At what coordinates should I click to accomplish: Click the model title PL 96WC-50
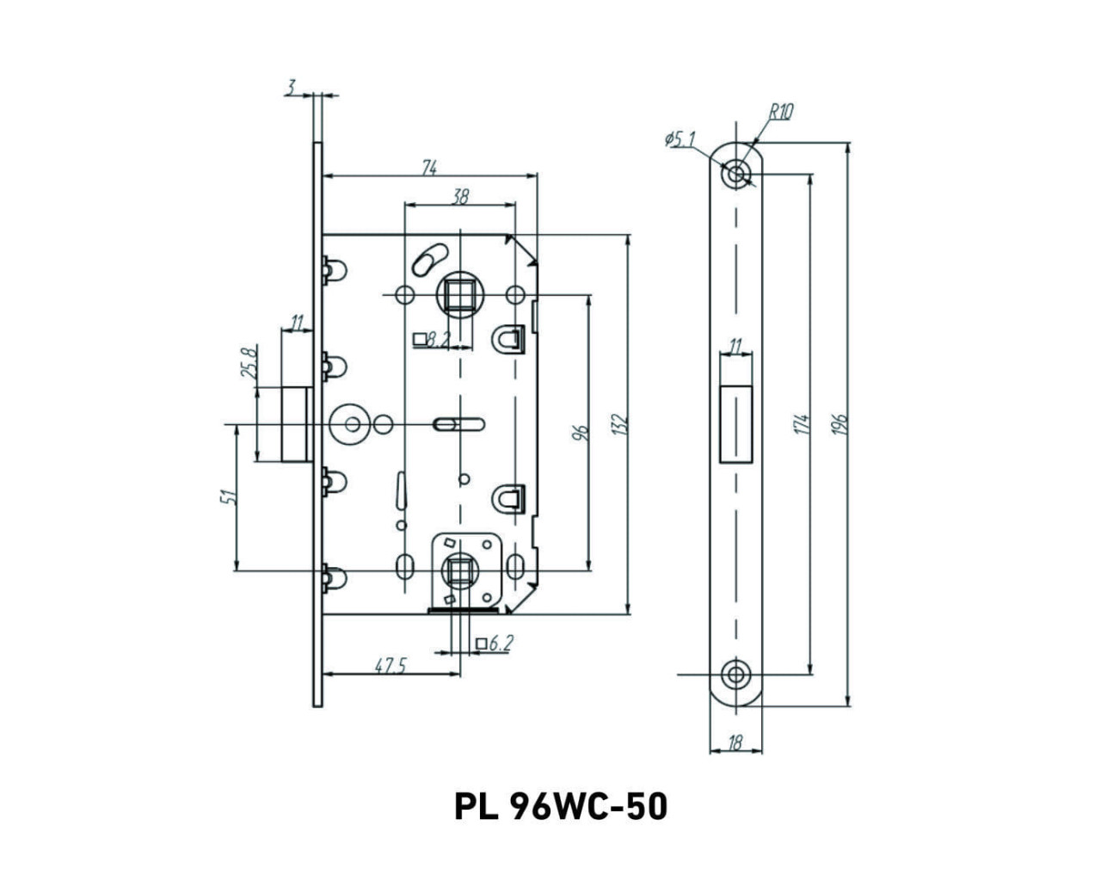(x=560, y=807)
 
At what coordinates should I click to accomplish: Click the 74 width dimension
(x=428, y=169)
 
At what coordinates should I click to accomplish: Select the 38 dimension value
(x=460, y=197)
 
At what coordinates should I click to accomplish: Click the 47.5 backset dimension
(x=391, y=666)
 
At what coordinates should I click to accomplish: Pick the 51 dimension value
(x=228, y=497)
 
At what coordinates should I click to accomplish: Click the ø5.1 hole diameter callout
(x=680, y=139)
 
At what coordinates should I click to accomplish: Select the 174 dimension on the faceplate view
(x=802, y=423)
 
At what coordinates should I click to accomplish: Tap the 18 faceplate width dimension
(x=735, y=743)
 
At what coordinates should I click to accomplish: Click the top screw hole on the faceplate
(x=735, y=173)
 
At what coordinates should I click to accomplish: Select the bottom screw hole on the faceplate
(x=735, y=675)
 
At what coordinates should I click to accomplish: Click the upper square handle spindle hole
(x=460, y=294)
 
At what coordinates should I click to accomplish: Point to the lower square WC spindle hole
(x=460, y=569)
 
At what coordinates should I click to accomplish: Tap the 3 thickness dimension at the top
(x=292, y=87)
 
